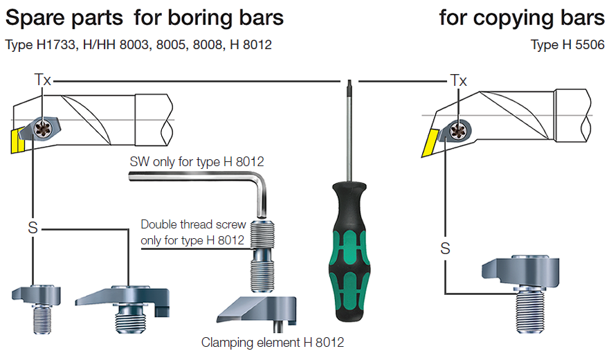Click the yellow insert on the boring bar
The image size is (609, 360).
coord(17,141)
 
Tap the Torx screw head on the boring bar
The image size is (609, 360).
coord(42,128)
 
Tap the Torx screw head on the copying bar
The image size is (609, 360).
coord(458,132)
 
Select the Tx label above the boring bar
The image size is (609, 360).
coord(43,80)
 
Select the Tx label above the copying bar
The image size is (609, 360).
coord(458,80)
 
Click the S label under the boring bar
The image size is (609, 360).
coord(33,228)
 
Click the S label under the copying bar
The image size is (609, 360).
coord(445,248)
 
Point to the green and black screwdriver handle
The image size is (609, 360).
coord(349,251)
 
